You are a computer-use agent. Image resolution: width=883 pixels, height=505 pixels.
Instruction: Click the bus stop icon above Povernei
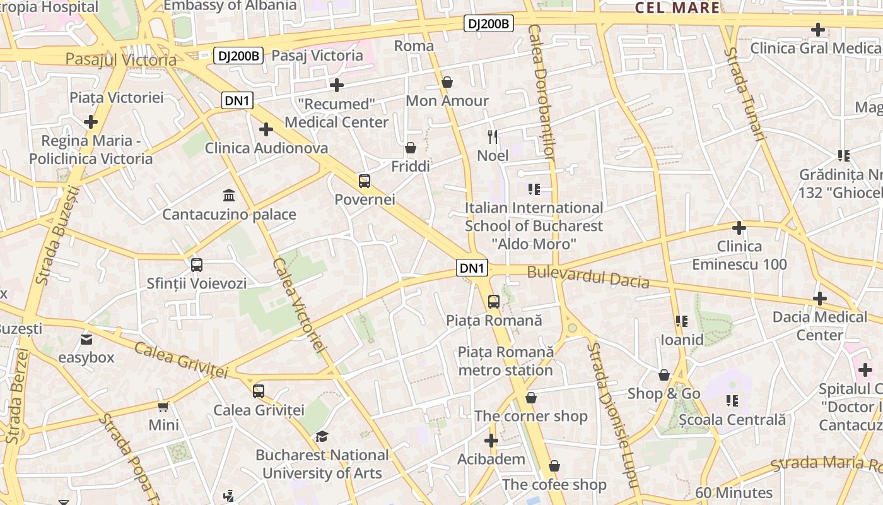pos(365,181)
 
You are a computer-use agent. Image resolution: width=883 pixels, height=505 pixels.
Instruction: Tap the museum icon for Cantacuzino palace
pos(229,195)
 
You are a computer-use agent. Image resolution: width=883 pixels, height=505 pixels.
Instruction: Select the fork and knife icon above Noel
pos(493,136)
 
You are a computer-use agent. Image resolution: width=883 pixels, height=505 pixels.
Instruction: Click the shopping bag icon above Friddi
pos(411,148)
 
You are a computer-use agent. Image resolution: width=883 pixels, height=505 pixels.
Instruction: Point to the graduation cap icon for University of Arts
pos(322,436)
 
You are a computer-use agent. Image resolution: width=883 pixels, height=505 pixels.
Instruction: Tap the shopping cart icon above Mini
pos(163,407)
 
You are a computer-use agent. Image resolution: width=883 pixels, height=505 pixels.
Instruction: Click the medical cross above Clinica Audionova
pos(266,129)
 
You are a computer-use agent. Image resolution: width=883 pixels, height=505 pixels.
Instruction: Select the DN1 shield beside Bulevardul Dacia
pos(472,268)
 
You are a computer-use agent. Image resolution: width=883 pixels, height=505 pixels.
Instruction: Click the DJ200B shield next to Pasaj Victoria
pos(238,56)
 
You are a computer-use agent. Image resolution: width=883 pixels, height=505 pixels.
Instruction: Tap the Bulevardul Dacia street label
pos(588,276)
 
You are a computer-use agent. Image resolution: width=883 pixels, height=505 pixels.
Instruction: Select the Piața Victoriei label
pos(117,97)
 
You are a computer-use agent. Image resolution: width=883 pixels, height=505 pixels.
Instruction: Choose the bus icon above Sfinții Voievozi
pos(197,265)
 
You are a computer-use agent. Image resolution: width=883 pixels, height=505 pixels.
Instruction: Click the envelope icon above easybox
pos(86,340)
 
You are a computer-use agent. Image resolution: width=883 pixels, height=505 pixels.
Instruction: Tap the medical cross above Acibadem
pos(491,441)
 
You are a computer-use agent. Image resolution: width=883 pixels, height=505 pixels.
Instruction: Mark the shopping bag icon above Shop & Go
pos(664,376)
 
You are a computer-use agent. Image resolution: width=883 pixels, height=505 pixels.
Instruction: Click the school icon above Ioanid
pos(681,321)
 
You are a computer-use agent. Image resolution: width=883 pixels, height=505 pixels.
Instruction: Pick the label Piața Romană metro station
pos(505,360)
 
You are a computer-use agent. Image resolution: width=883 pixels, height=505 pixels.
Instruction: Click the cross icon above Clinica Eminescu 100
pos(739,227)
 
